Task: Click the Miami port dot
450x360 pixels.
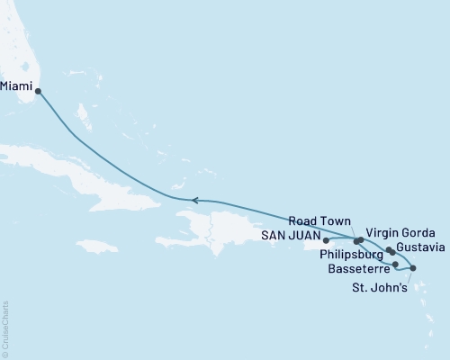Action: tap(37, 90)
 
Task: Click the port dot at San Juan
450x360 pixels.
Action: tap(326, 240)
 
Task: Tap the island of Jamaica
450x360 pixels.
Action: tap(98, 245)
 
